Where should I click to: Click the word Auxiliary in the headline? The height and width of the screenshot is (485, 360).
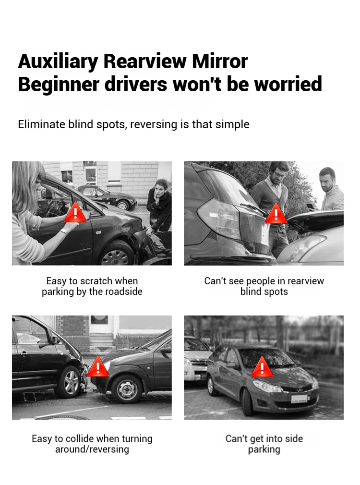tap(58, 62)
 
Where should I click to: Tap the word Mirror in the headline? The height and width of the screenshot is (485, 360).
tap(219, 61)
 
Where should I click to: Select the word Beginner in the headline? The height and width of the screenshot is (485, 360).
tap(59, 85)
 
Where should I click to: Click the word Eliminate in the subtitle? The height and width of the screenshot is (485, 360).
tap(41, 124)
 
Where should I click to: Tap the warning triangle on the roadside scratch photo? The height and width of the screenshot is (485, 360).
tap(75, 212)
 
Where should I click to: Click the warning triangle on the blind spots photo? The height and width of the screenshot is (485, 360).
tap(276, 213)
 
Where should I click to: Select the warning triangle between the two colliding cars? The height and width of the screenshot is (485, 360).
tap(98, 366)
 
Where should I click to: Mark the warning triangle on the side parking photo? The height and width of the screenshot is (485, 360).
tap(262, 367)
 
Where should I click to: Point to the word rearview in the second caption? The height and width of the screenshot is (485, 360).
tap(305, 281)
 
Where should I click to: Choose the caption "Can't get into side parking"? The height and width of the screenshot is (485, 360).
tap(264, 444)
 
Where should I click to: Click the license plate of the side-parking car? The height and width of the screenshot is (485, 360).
tap(300, 399)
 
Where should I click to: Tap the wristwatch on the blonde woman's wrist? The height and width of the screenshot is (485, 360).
tap(64, 231)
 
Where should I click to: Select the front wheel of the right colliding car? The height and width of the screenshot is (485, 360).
tap(127, 389)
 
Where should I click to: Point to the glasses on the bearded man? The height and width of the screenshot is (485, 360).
tap(279, 175)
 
